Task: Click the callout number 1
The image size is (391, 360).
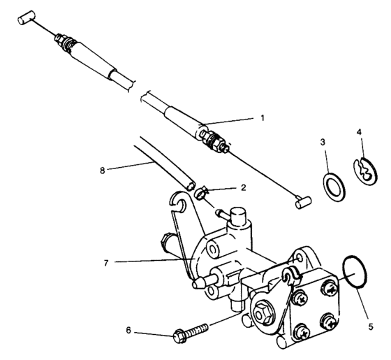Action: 263,117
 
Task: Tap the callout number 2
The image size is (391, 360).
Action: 242,188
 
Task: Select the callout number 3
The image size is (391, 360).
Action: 323,142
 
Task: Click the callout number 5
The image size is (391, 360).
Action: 371,324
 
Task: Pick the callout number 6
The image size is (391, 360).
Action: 128,331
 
